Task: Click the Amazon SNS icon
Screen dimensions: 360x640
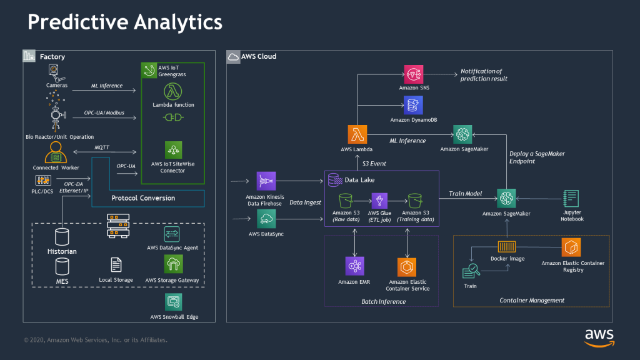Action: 414,74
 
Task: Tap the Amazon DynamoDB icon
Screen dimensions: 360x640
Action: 413,104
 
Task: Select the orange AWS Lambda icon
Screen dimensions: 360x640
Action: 358,134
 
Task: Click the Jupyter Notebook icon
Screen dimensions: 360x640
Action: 571,199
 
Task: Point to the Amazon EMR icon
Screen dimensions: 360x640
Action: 355,266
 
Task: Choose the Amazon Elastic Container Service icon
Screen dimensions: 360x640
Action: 407,267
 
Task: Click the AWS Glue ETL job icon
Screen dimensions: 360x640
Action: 381,201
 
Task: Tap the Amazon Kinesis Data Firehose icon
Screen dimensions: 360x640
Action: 266,181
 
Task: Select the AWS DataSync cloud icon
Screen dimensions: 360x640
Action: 266,219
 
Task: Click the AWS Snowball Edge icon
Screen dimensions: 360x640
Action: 173,302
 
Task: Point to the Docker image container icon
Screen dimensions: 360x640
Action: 507,247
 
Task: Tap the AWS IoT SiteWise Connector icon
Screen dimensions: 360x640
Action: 173,150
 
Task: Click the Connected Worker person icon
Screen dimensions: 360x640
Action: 55,152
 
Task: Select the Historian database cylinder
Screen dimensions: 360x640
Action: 62,236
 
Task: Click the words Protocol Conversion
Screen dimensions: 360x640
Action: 143,198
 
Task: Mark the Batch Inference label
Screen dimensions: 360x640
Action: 383,301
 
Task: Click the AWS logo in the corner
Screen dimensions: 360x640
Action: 599,336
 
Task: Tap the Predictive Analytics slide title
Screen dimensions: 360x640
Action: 124,22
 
